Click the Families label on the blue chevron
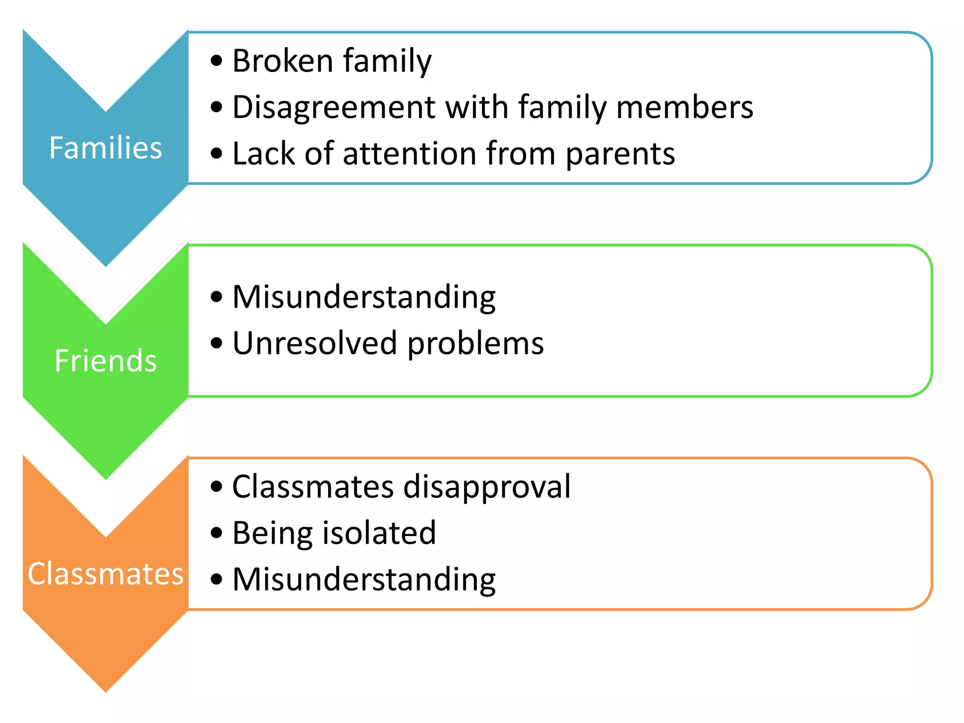105,148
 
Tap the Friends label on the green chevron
105,361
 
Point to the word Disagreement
333,107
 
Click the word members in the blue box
684,107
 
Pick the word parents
620,154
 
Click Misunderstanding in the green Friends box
364,297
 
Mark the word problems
475,344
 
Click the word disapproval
487,487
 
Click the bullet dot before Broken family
216,61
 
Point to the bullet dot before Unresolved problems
216,343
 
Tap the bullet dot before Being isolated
216,533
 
